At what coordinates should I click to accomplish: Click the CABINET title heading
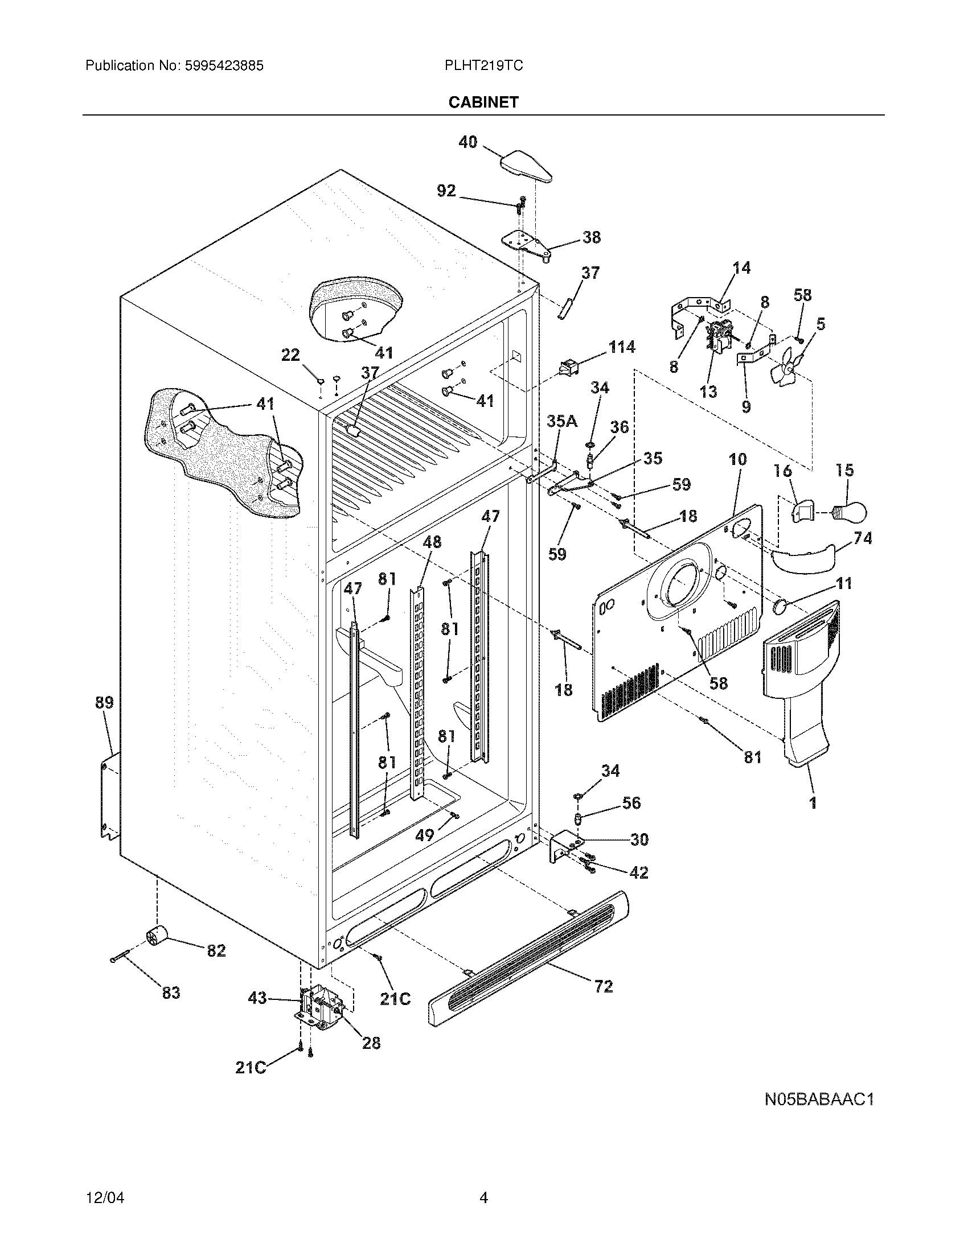pyautogui.click(x=483, y=102)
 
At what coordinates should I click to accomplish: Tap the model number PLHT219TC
pyautogui.click(x=483, y=66)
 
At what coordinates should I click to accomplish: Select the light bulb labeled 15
pyautogui.click(x=849, y=510)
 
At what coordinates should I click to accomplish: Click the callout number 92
pyautogui.click(x=446, y=191)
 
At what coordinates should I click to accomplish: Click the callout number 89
pyautogui.click(x=104, y=702)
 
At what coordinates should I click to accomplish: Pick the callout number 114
pyautogui.click(x=622, y=347)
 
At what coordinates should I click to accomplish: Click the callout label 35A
pyautogui.click(x=562, y=422)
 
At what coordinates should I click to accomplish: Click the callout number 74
pyautogui.click(x=863, y=538)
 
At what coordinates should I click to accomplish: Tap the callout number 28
pyautogui.click(x=372, y=1043)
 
